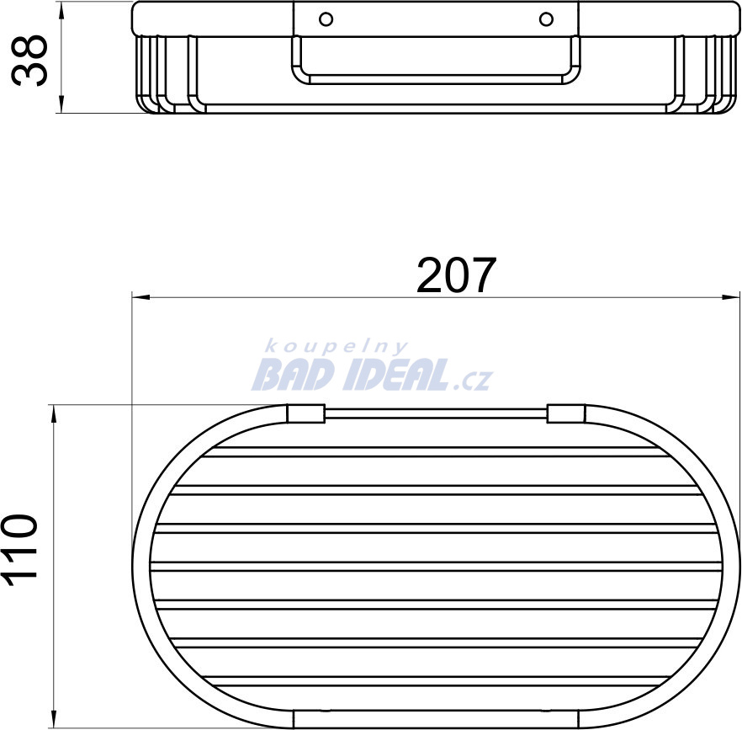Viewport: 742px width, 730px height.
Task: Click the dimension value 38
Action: coord(29,60)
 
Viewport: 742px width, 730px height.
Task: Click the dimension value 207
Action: coord(456,274)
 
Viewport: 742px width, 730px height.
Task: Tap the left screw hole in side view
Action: coord(326,19)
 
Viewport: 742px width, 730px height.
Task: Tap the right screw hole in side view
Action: coord(546,19)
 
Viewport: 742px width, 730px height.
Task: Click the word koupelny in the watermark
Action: coord(336,347)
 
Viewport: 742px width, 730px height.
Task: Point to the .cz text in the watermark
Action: coord(472,380)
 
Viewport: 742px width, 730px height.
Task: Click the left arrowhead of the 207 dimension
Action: coord(140,297)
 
